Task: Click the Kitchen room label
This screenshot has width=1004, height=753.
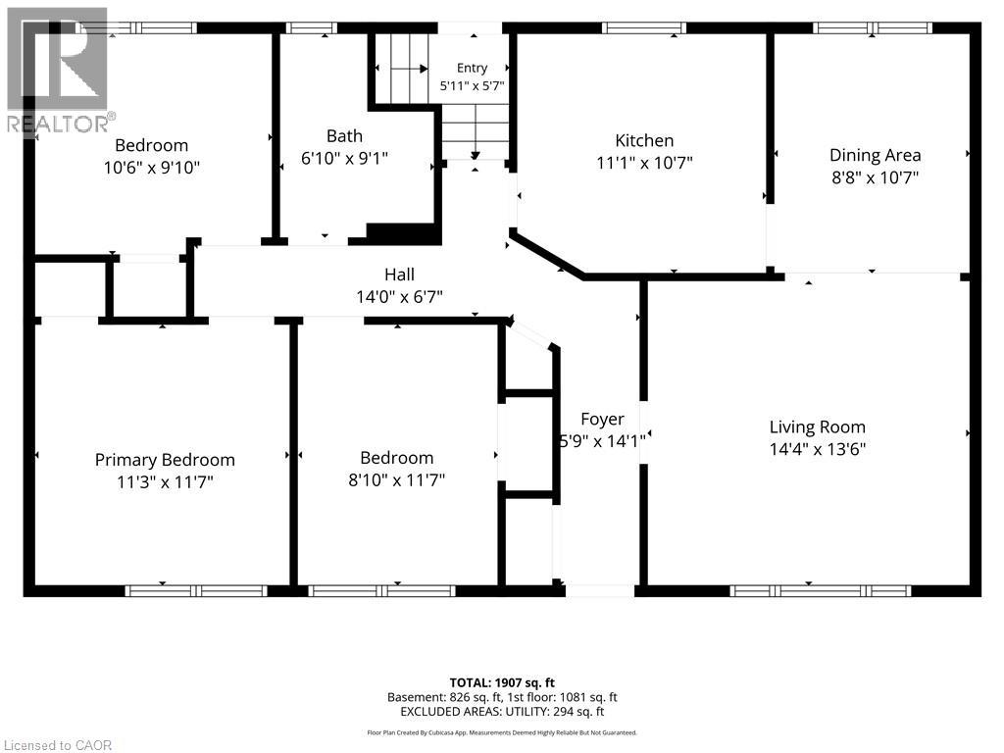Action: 644,141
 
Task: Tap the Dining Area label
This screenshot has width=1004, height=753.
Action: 875,155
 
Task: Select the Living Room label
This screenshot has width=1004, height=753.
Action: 817,427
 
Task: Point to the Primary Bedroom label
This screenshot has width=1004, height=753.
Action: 165,460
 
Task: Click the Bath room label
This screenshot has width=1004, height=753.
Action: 344,135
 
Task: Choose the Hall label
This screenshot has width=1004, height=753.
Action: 400,275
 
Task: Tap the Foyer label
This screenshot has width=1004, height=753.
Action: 602,420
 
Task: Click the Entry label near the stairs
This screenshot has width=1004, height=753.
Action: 472,68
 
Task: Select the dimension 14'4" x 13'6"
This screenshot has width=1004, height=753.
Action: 817,449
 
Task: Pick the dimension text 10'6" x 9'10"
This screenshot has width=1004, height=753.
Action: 152,168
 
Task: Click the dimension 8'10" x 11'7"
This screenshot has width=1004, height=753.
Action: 396,479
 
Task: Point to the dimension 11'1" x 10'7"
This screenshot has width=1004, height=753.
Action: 644,163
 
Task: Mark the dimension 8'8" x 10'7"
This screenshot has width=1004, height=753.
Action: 875,177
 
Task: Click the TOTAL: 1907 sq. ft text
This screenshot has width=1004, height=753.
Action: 502,682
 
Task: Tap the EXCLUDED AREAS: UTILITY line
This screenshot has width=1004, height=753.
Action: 502,712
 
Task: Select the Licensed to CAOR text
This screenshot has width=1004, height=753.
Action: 57,745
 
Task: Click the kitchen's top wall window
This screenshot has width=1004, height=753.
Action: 643,27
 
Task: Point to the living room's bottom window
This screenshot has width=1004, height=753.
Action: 821,591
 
